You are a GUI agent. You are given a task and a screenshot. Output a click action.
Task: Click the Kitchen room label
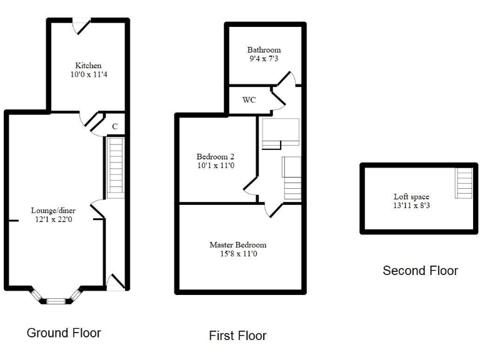[x=88, y=66]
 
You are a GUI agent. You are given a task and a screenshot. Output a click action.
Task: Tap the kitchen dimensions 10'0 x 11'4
[x=88, y=74]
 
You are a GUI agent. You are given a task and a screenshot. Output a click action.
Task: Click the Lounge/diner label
[x=54, y=211]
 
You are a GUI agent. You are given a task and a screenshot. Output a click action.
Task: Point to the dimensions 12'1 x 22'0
[x=54, y=219]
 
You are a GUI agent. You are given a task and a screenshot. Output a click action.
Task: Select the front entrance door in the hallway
[x=114, y=283]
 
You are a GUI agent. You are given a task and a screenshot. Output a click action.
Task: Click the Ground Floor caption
[x=64, y=332]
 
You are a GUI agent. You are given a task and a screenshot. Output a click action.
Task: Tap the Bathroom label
[x=264, y=50]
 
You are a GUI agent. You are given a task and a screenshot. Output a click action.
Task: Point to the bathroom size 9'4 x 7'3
[x=264, y=59]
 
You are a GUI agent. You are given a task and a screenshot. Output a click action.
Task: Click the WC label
[x=249, y=100]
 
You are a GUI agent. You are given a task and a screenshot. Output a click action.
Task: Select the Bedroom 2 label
[x=216, y=156]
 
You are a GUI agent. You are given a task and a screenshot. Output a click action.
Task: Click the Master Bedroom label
[x=237, y=245]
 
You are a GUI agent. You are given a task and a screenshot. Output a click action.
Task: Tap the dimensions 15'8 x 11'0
[x=237, y=254]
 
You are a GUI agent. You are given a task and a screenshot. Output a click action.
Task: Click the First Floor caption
[x=237, y=336]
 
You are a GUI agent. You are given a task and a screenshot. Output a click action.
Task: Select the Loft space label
[x=411, y=196]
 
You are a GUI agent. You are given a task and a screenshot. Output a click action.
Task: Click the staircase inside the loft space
[x=464, y=183]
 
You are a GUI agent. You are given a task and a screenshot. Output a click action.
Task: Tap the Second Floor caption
[x=420, y=271]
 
